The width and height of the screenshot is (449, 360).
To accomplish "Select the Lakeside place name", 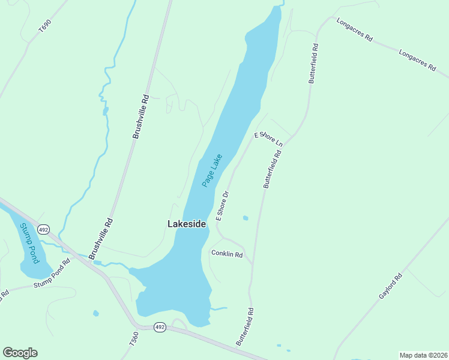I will coord(186,224).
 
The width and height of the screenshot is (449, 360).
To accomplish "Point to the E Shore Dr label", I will coord(223,206).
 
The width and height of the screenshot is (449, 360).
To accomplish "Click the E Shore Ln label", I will coord(268,139).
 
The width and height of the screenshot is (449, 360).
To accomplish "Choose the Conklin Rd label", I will coord(226,254).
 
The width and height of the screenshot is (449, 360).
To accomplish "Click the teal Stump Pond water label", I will coord(29,243).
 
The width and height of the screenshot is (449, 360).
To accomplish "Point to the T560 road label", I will coord(134,338).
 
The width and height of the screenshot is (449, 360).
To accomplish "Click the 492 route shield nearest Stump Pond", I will coord(43,230).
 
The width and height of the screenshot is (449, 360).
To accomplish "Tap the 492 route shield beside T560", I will coord(159,327).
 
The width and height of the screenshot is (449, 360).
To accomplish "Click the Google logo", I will coord(20,353).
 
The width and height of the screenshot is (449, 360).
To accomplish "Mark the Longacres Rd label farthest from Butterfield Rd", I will coord(417,60).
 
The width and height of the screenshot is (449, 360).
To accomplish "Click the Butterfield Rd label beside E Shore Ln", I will coord(272,169).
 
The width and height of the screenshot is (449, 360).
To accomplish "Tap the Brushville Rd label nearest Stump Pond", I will coord(101,239).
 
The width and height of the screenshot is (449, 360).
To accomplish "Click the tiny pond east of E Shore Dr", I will coord(245,218).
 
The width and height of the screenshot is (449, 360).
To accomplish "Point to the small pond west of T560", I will coord(96,313).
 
